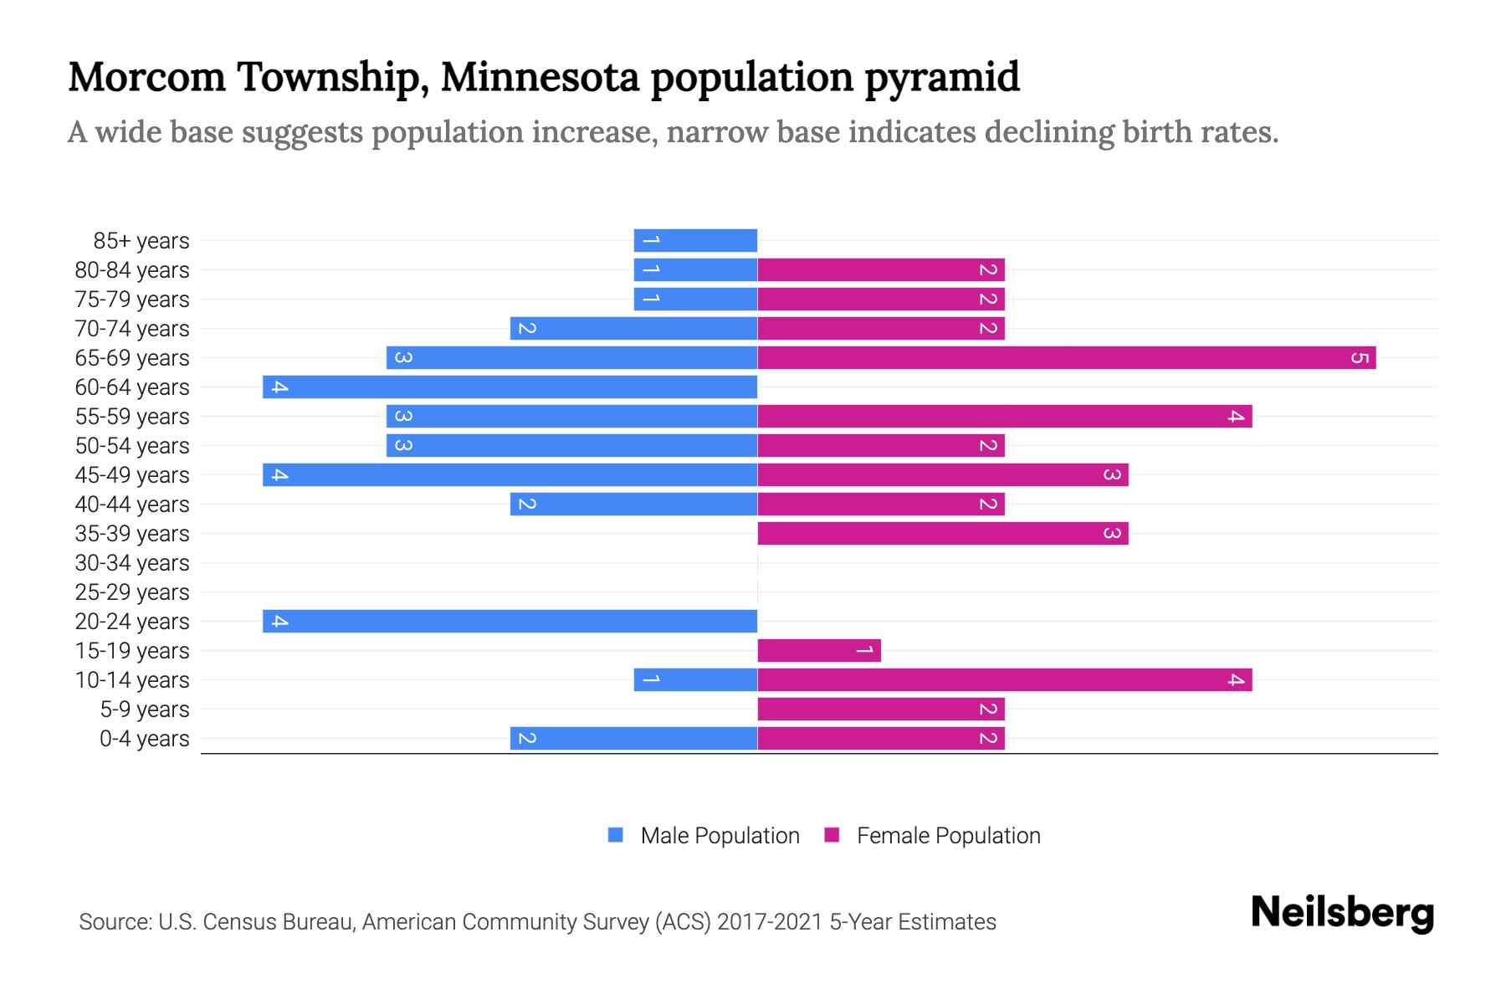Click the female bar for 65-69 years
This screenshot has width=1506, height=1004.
[x=1067, y=358]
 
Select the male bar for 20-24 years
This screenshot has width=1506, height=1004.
[x=510, y=622]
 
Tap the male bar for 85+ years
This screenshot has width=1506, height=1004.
[x=696, y=241]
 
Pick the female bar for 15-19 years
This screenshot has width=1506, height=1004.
[x=819, y=651]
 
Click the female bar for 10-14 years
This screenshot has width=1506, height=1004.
[x=1004, y=680]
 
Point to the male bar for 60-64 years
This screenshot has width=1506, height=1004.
[x=510, y=387]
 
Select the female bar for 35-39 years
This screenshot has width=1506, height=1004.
[x=943, y=534]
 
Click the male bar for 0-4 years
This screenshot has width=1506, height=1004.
[x=634, y=739]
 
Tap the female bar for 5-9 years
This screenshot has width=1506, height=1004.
[x=881, y=709]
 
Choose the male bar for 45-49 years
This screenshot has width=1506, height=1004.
[x=510, y=475]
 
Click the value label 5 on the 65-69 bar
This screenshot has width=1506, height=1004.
[x=1360, y=358]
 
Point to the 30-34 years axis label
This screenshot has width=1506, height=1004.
[x=132, y=563]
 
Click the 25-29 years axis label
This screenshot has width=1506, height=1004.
[x=132, y=592]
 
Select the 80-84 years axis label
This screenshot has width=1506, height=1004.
[x=132, y=270]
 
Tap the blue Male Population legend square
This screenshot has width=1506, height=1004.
[x=616, y=835]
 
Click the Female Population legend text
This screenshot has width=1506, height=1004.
[x=948, y=836]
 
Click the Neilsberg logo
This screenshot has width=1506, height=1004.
[x=1342, y=913]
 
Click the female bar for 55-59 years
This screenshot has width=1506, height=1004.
[x=1004, y=417]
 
